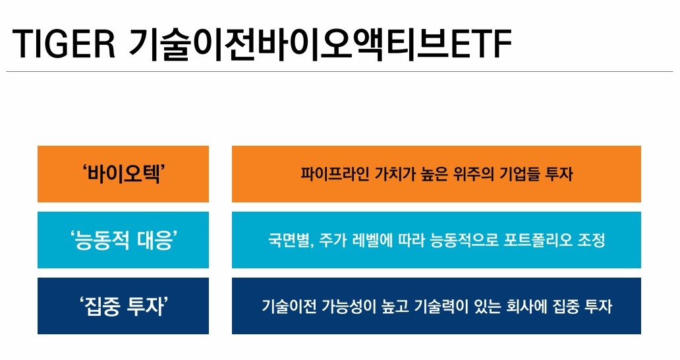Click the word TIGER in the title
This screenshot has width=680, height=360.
tap(64, 44)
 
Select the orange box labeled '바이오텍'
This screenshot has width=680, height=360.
tap(123, 174)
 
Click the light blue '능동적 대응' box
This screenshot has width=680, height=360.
tap(123, 240)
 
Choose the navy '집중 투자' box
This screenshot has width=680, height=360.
tap(123, 306)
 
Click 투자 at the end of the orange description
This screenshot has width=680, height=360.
tap(561, 174)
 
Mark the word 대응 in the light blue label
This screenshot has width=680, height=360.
tap(154, 240)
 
